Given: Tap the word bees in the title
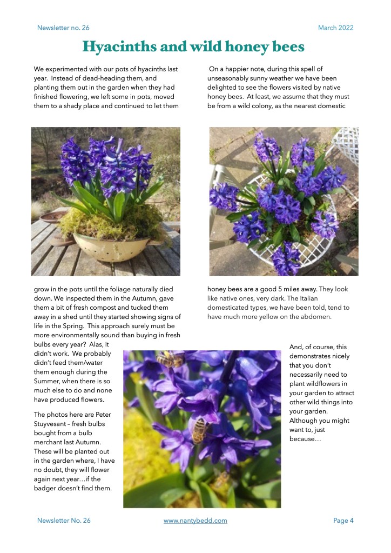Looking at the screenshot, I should tap(285, 48).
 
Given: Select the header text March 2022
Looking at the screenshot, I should tap(335, 28).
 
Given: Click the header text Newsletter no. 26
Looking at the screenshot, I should tap(63, 28).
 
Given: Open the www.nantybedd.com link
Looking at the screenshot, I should tap(195, 521).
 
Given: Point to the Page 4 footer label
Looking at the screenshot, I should tap(343, 521).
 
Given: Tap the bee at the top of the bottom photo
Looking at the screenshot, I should tap(168, 359).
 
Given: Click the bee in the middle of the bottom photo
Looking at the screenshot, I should tap(200, 430).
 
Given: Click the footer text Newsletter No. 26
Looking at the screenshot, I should tap(64, 521).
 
